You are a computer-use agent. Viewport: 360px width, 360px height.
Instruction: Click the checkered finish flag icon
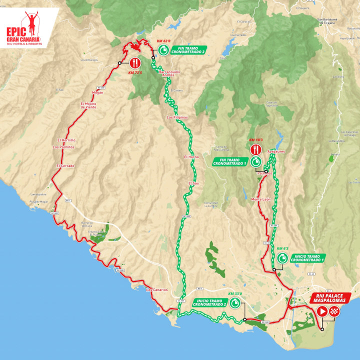[x=334, y=311]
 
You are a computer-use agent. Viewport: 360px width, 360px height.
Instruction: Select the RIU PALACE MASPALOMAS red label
[x=328, y=299]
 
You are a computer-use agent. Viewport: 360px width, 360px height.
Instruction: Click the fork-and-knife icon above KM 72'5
[x=135, y=63]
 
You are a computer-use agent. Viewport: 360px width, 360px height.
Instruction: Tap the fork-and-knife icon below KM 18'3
[x=255, y=149]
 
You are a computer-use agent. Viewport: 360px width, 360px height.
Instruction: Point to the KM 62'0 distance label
[x=163, y=40]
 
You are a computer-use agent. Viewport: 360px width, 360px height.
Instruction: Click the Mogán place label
[x=98, y=92]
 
